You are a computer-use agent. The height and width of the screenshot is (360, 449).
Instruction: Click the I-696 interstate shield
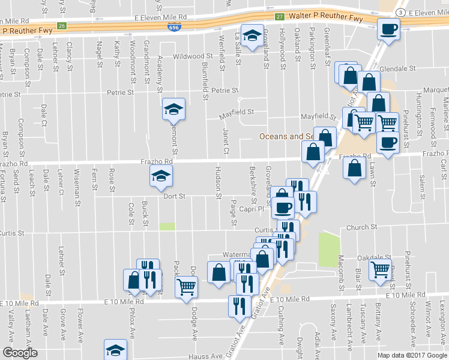tap(173, 28)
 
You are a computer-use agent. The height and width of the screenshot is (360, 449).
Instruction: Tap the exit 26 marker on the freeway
tap(61, 25)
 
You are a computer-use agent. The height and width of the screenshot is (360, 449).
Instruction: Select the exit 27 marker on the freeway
tap(280, 17)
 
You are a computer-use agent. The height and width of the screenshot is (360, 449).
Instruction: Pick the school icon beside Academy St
tap(173, 109)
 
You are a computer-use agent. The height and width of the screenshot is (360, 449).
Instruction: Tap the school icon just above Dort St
tap(161, 175)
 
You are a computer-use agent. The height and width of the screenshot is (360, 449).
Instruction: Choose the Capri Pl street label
tap(254, 209)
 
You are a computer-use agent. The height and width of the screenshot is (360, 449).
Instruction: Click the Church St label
tap(363, 227)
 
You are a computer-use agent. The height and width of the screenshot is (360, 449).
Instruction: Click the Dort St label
tap(174, 196)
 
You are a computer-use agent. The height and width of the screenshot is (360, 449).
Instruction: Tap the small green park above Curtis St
tap(167, 226)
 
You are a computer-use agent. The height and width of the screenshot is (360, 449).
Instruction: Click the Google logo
tap(20, 353)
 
